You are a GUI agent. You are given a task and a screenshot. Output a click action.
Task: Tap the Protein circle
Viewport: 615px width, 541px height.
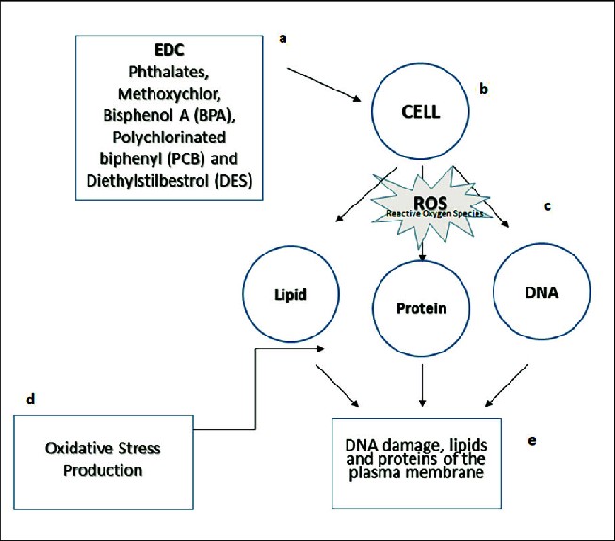pos(421,308)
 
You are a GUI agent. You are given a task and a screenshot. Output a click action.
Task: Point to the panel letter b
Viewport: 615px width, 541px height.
pos(482,90)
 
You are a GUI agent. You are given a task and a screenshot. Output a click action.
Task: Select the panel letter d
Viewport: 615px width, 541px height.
pos(29,400)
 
